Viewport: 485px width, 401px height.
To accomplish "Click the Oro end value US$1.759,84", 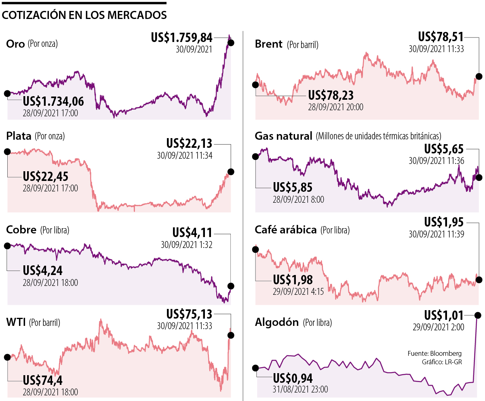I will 181,38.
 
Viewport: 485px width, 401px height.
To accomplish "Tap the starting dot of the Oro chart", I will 7,94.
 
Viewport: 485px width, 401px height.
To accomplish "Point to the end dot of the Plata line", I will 231,171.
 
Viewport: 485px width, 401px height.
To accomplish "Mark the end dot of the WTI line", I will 231,335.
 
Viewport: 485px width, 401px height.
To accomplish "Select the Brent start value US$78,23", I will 331,95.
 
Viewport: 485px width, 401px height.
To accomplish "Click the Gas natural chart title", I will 284,136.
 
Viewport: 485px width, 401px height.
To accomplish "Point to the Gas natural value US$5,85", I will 293,187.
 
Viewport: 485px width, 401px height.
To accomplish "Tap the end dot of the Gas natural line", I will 479,177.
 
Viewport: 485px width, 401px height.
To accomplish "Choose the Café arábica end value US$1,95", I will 444,222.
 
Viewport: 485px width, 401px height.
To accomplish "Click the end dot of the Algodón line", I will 478,315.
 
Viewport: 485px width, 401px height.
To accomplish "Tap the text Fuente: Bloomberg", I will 434,353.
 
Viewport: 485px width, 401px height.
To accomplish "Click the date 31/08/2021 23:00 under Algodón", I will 300,389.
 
